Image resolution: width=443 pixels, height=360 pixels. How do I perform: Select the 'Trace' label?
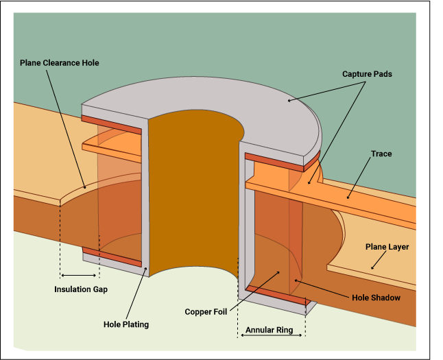(x=381, y=154)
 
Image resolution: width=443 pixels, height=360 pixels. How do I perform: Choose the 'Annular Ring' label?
(x=270, y=331)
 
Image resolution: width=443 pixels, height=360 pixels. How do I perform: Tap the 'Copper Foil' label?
(x=206, y=312)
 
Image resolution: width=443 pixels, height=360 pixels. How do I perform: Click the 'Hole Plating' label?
(x=126, y=324)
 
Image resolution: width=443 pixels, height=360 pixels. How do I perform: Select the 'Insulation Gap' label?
(x=81, y=289)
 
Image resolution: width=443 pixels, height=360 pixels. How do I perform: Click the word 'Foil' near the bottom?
(x=219, y=312)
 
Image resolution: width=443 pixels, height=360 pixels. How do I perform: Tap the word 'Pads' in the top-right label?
(x=382, y=73)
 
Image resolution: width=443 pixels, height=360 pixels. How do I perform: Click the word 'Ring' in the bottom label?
(x=284, y=331)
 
